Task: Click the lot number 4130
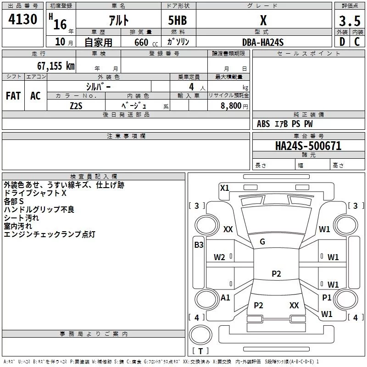click(x=22, y=20)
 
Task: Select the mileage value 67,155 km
click(x=54, y=66)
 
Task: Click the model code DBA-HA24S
click(x=263, y=42)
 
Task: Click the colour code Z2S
click(x=77, y=106)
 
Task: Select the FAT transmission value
click(x=13, y=95)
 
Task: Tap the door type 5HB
click(x=178, y=21)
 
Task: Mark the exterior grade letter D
click(x=342, y=42)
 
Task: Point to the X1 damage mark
click(x=225, y=188)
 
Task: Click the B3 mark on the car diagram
click(x=199, y=245)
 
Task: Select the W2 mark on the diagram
click(x=219, y=257)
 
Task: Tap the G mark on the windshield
click(x=262, y=242)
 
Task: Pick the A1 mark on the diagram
click(x=225, y=298)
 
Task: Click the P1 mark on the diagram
click(x=327, y=298)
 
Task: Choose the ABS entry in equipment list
click(x=263, y=124)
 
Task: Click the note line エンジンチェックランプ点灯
click(x=49, y=234)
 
